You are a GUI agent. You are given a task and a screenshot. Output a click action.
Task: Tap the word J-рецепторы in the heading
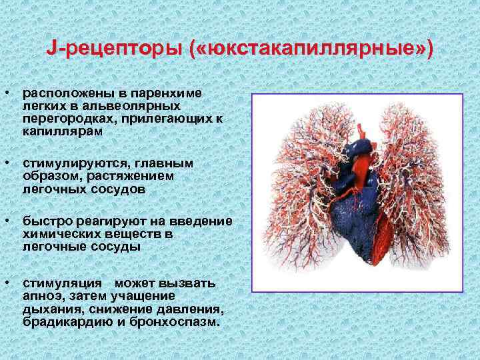click(113, 49)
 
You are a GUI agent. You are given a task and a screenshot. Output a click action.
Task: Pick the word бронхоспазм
click(179, 321)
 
